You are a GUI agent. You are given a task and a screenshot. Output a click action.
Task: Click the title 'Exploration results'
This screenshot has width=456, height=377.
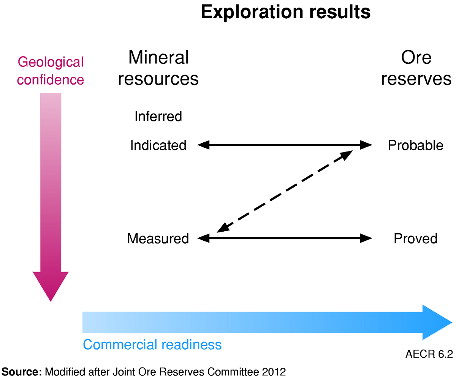285,13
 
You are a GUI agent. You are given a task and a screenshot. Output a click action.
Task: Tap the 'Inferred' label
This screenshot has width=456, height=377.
158,116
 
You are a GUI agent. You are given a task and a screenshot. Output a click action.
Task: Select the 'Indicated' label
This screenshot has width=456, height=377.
158,145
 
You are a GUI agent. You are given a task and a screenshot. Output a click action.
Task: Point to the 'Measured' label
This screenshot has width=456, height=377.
158,238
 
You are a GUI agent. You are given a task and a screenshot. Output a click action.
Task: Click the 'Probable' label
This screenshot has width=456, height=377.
415,145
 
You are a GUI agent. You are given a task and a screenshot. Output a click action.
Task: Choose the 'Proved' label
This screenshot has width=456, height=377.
415,238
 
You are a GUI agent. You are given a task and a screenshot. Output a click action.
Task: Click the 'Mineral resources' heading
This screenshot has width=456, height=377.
158,68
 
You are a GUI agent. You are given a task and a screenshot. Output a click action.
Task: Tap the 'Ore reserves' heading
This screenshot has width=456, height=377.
416,68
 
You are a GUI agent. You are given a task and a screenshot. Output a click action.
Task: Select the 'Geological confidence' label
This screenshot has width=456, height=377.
51,71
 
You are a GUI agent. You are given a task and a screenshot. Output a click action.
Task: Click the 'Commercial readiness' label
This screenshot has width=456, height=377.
152,345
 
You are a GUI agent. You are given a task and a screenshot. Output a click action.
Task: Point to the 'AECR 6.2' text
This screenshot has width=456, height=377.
429,354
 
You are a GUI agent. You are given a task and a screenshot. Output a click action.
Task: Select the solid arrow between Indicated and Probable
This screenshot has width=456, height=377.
284,145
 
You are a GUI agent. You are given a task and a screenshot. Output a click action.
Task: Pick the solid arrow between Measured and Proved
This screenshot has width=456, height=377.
284,238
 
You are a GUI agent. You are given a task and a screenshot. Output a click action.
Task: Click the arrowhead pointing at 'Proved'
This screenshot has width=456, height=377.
366,238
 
